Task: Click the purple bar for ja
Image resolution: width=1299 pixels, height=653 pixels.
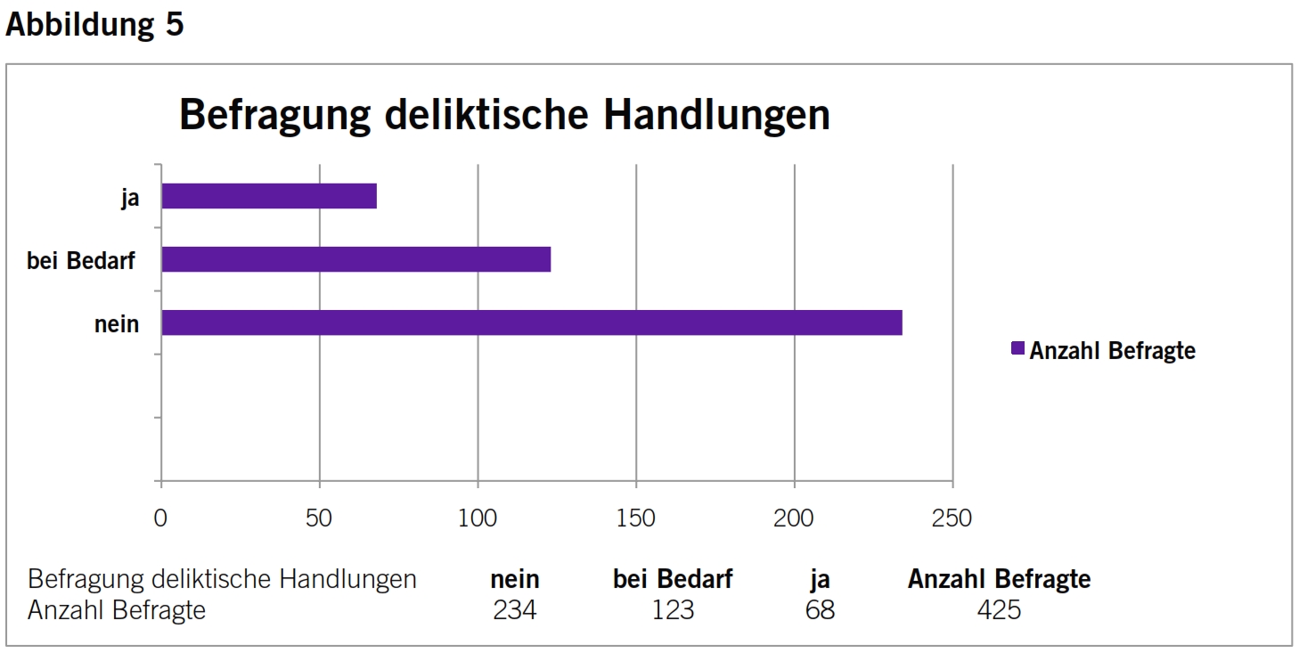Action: [x=269, y=196]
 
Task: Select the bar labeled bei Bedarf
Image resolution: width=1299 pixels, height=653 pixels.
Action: [x=356, y=259]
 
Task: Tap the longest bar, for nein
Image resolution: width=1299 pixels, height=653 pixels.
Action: [x=532, y=322]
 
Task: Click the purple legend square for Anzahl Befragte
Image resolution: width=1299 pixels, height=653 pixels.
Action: [x=1017, y=349]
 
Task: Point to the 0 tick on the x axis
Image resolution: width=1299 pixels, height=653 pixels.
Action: [x=160, y=518]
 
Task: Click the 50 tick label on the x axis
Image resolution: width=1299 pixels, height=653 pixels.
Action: [x=319, y=518]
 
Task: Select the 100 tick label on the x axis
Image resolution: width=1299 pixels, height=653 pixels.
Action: [x=478, y=518]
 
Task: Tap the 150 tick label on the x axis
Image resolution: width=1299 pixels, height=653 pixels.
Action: [x=636, y=518]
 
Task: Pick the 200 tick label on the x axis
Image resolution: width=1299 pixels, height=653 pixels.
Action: [x=794, y=518]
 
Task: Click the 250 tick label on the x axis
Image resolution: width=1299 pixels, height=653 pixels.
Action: [x=952, y=518]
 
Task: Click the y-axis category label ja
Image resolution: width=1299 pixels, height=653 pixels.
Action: [x=130, y=198]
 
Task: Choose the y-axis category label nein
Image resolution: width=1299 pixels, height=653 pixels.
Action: [x=117, y=323]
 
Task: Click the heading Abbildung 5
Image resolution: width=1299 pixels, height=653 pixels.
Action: [x=94, y=24]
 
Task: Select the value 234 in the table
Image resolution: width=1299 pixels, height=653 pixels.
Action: [x=515, y=610]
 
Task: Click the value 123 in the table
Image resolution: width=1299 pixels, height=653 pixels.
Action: [x=672, y=610]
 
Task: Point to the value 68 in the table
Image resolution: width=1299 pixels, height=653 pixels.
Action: [x=820, y=610]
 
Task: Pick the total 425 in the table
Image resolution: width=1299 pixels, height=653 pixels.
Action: [x=999, y=610]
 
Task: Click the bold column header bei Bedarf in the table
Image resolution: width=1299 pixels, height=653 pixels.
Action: [x=673, y=579]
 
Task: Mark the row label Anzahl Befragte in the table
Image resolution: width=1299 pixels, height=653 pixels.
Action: [x=117, y=610]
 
